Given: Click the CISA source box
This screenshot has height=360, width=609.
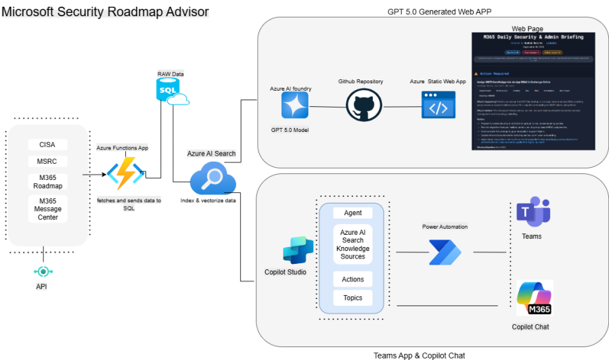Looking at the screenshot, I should tap(47, 144).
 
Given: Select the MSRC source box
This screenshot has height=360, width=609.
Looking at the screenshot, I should tap(47, 162).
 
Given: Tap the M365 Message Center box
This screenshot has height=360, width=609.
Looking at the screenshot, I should tap(47, 208).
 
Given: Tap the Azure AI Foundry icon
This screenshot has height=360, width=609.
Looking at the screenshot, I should tap(295, 106).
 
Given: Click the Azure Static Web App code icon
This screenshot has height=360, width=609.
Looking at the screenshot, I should tap(438, 106).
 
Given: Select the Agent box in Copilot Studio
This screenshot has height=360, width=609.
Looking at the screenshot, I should tap(353, 212).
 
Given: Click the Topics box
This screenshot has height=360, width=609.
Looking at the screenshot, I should tap(353, 298).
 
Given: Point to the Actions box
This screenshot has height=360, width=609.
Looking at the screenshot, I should tap(353, 279).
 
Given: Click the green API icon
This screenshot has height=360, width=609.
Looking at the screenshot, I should tap(44, 271).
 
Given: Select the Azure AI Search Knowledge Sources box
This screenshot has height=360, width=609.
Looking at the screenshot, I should tap(353, 244).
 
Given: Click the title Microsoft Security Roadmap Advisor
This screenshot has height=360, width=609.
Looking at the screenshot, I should tap(105, 12).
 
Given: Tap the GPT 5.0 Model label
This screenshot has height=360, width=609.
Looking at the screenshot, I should tap(295, 129).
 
